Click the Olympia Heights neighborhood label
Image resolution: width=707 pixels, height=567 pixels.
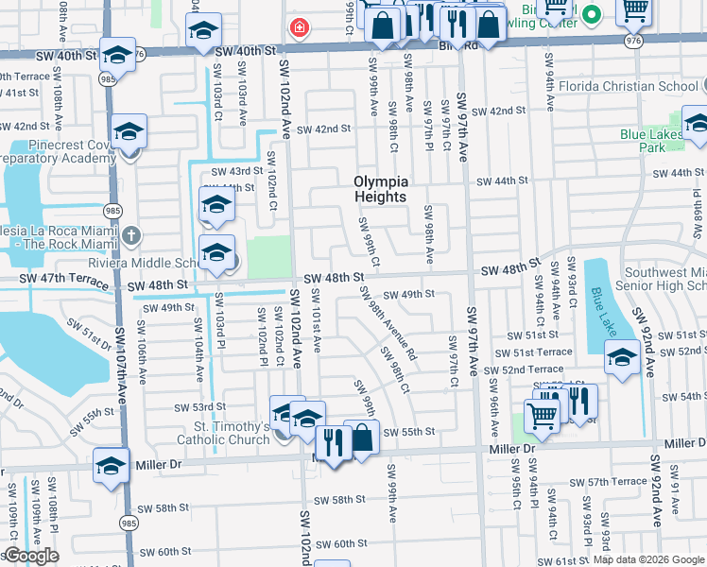tap(381, 189)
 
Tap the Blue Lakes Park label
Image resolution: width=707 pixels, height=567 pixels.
tap(651, 141)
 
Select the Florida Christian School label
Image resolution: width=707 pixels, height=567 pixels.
tap(640, 87)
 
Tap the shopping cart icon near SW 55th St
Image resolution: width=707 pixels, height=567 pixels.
tap(542, 414)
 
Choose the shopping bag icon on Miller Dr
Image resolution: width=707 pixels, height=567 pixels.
tap(361, 438)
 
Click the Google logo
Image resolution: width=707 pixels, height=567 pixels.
tap(30, 556)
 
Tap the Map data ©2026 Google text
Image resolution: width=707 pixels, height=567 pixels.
tap(648, 559)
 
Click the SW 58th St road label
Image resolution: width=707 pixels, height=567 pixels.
tap(339, 499)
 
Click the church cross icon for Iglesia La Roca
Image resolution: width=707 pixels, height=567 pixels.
tap(130, 234)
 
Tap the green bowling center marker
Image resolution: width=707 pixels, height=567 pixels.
tap(593, 14)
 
